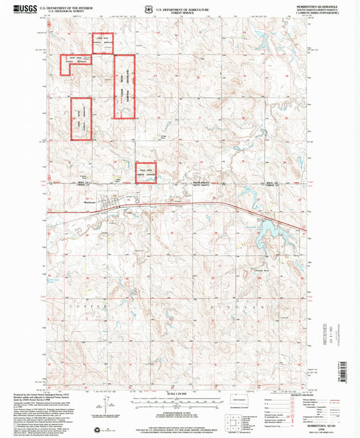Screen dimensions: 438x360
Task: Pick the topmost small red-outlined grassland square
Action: coord(102,43)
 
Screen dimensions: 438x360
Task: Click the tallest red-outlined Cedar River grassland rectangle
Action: coord(124,86)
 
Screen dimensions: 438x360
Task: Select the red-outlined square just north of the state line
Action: coord(146,172)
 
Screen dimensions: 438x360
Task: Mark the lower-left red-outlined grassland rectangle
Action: coord(80,119)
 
